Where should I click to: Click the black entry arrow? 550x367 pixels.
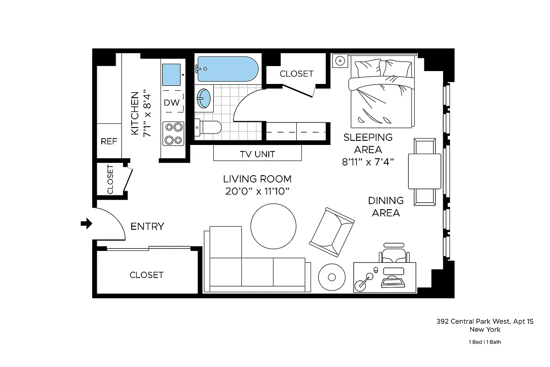(86, 224)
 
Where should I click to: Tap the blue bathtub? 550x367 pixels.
(227, 69)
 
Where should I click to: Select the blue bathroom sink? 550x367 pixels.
(204, 98)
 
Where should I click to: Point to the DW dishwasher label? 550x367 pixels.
(172, 103)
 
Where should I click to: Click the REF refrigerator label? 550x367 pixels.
(109, 141)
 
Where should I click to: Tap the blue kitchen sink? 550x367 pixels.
(171, 74)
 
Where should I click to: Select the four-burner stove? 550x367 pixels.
(173, 134)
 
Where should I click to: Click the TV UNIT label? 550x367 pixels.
(257, 154)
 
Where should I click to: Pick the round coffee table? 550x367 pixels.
(273, 225)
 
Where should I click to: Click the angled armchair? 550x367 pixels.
(332, 232)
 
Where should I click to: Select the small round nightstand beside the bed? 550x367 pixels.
(339, 61)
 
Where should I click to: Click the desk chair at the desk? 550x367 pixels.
(394, 254)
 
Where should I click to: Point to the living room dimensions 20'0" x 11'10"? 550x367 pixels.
(257, 191)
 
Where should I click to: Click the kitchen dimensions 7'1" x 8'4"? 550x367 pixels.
(147, 114)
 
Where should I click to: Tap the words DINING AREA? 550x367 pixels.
(385, 206)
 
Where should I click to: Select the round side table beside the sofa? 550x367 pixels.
(331, 277)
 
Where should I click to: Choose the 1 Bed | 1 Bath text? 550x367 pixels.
(488, 342)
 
